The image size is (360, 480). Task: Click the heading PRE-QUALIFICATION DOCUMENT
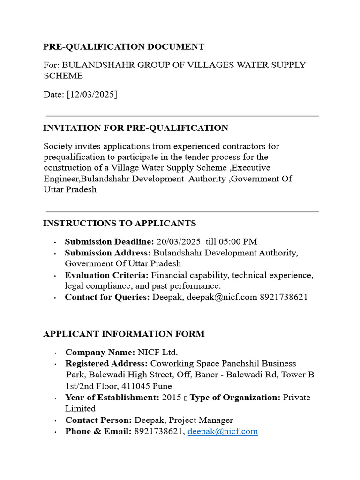(124, 47)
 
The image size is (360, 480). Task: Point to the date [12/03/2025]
(92, 95)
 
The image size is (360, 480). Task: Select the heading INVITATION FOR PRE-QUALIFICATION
(135, 128)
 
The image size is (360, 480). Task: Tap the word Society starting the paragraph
(58, 146)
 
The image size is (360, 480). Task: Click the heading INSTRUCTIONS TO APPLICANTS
(120, 224)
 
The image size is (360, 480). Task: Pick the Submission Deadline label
(109, 242)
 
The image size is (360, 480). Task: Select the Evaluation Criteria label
(107, 275)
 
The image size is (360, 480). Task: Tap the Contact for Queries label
(107, 297)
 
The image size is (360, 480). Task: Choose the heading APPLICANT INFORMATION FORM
(124, 334)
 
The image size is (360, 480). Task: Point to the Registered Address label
(106, 364)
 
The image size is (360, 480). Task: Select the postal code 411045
(136, 386)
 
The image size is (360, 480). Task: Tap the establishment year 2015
(171, 397)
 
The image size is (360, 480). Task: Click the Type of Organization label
(235, 397)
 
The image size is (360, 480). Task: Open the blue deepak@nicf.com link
(223, 431)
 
